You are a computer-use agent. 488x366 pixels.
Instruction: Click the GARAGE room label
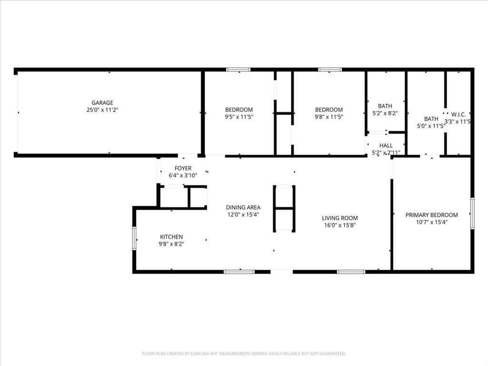click(102, 102)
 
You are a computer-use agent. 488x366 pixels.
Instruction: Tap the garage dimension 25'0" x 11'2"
click(102, 110)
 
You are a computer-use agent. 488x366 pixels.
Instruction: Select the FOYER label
click(183, 168)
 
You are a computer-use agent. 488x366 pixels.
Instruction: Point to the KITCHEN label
click(171, 237)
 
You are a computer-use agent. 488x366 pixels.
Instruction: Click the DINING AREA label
click(243, 207)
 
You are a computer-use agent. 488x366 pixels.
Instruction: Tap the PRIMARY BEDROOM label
click(431, 215)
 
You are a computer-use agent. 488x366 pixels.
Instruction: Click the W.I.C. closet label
click(458, 114)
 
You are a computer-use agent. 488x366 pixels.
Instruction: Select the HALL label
click(386, 145)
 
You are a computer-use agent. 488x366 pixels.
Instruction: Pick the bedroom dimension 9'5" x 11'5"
click(239, 117)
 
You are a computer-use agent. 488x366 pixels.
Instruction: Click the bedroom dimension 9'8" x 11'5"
click(329, 117)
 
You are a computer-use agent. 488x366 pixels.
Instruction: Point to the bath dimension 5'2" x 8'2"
click(385, 113)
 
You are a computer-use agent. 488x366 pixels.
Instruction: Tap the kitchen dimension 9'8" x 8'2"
click(171, 244)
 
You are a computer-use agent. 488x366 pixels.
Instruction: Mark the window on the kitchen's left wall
click(134, 238)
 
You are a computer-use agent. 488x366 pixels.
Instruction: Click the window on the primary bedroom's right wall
click(472, 213)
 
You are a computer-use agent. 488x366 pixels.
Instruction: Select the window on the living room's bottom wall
click(351, 272)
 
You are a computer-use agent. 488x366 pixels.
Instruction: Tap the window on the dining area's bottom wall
click(236, 272)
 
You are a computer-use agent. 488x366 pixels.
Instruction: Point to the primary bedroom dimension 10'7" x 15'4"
click(431, 222)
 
